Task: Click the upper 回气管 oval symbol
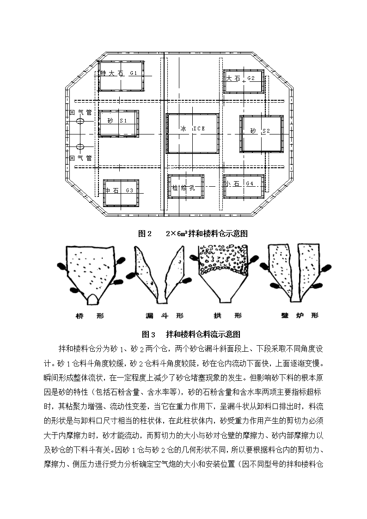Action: click(80, 121)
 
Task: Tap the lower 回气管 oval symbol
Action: click(80, 147)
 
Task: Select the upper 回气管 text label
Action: click(81, 113)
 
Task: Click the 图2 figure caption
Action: click(193, 234)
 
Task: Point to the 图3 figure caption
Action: click(191, 334)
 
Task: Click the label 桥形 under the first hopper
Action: click(89, 316)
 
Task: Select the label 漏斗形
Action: click(165, 316)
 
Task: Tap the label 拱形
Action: click(227, 316)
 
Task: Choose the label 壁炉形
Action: click(300, 316)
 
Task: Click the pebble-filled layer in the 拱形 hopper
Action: click(223, 260)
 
